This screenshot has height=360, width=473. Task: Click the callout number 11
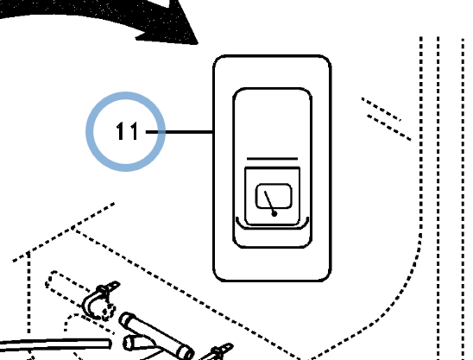127,131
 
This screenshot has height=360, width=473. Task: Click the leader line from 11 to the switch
180,132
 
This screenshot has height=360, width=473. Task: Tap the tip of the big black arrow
198,44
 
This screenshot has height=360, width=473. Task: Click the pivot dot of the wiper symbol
274,214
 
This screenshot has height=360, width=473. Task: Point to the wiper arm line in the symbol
269,203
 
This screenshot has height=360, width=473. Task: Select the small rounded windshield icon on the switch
274,196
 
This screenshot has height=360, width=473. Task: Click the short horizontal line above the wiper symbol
272,159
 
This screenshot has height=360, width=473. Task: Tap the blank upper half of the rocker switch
272,123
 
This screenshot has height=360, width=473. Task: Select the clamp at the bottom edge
218,352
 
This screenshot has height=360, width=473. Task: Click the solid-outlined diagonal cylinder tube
156,336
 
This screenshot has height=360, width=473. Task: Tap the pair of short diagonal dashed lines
386,118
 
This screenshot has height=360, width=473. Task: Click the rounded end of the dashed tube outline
50,281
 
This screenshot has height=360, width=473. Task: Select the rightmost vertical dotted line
463,199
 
